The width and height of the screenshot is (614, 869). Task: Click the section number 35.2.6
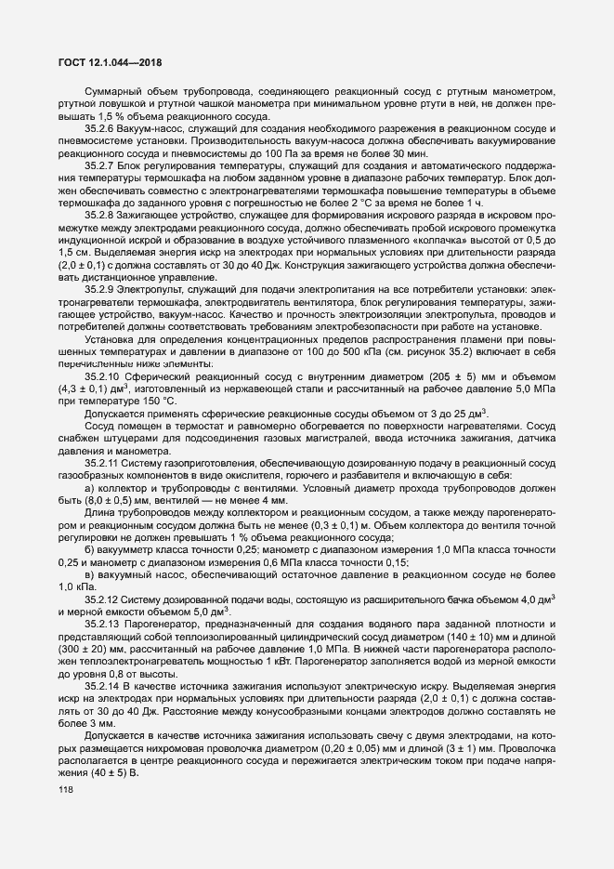coord(101,126)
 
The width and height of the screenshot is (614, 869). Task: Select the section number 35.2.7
coord(101,165)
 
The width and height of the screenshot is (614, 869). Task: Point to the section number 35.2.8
coord(101,215)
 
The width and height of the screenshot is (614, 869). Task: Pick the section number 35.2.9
coord(101,289)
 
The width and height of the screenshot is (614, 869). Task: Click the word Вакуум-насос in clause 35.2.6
coord(154,126)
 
